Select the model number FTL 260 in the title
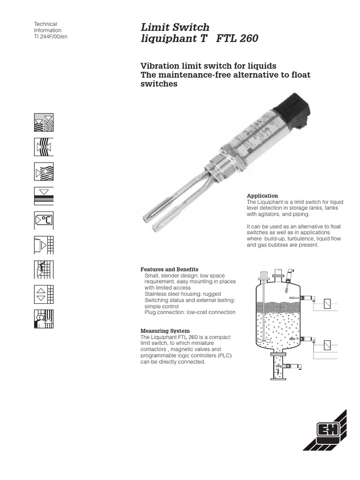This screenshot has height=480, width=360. pos(237,39)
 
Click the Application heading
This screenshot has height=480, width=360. pos(262,195)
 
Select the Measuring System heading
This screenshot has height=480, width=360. pos(165,331)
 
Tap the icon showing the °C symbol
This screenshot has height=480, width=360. pos(44,220)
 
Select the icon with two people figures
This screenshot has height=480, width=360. pos(44,319)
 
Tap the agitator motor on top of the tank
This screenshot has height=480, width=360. pos(264,275)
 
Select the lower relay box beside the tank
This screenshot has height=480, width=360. pos(327,346)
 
